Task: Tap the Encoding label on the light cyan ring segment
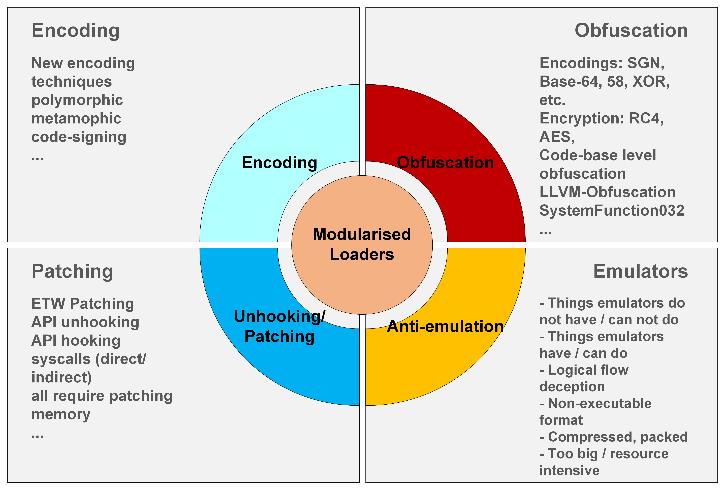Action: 279,162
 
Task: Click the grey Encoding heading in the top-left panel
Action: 76,31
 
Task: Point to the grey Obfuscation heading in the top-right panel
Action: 631,31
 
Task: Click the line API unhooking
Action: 85,322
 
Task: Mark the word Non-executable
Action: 600,403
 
